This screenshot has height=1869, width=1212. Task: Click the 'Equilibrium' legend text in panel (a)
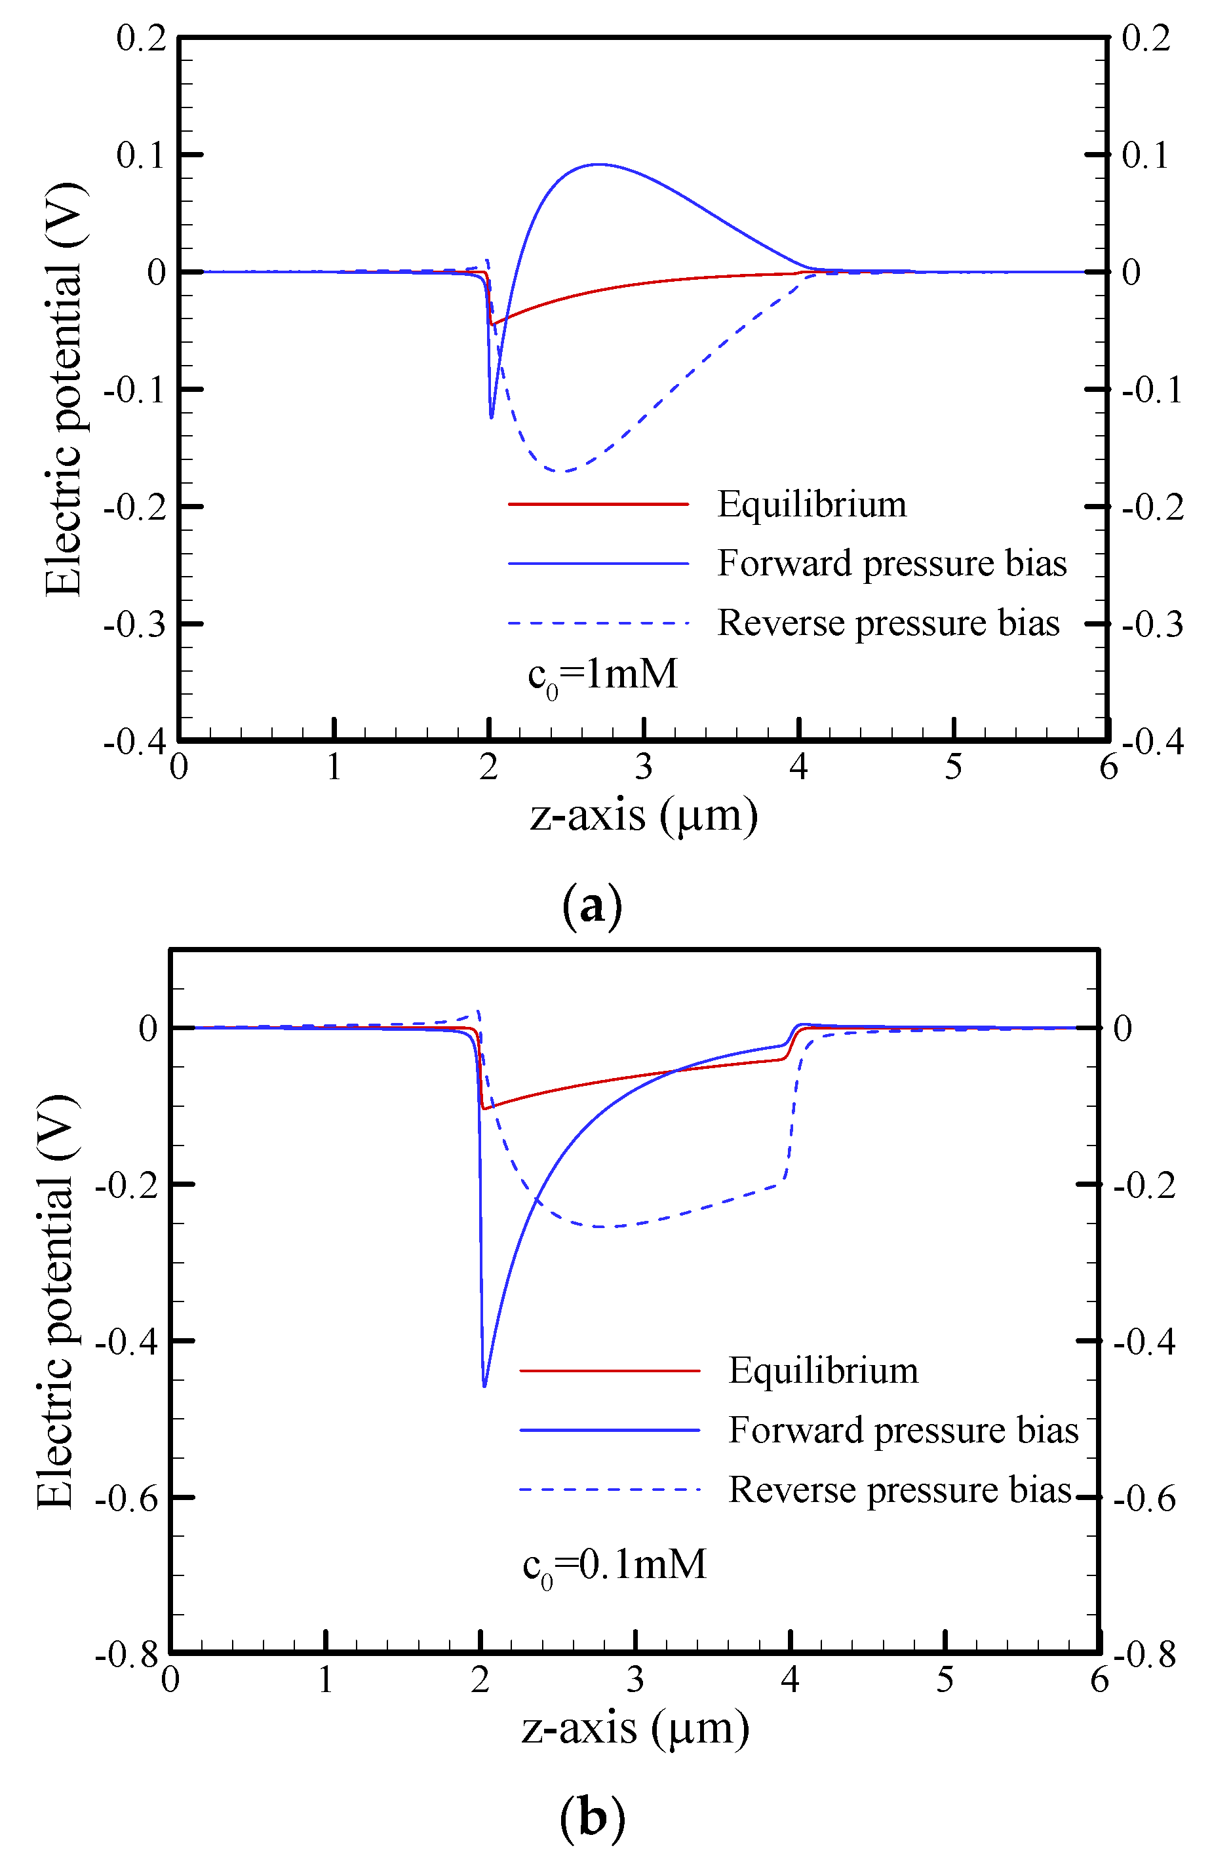tap(811, 504)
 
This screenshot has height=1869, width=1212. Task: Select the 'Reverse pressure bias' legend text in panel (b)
tap(900, 1490)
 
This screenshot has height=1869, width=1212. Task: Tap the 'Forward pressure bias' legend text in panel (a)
tap(891, 564)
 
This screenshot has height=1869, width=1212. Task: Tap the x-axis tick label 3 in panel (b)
tap(635, 1680)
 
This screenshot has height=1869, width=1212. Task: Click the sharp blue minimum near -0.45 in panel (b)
tap(484, 1386)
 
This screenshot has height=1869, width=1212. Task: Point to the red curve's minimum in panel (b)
tap(484, 1108)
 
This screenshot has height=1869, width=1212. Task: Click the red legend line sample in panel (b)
tap(610, 1371)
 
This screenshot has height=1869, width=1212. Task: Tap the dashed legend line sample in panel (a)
tap(598, 623)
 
